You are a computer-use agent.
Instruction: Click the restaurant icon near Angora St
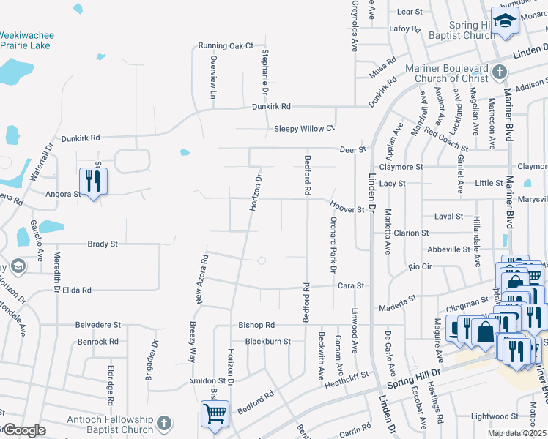click(x=93, y=180)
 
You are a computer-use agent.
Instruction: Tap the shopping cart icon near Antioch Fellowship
click(x=215, y=413)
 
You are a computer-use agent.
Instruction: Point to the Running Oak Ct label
click(x=225, y=45)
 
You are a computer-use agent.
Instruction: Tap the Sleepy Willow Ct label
click(x=304, y=129)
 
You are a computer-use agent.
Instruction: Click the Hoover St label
click(x=347, y=209)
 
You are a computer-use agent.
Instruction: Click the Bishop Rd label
click(x=256, y=324)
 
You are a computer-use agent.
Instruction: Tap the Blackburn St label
click(x=267, y=341)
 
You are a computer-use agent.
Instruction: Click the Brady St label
click(x=103, y=244)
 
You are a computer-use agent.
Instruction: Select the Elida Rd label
click(x=76, y=290)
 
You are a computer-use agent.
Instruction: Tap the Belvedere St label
click(x=97, y=324)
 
